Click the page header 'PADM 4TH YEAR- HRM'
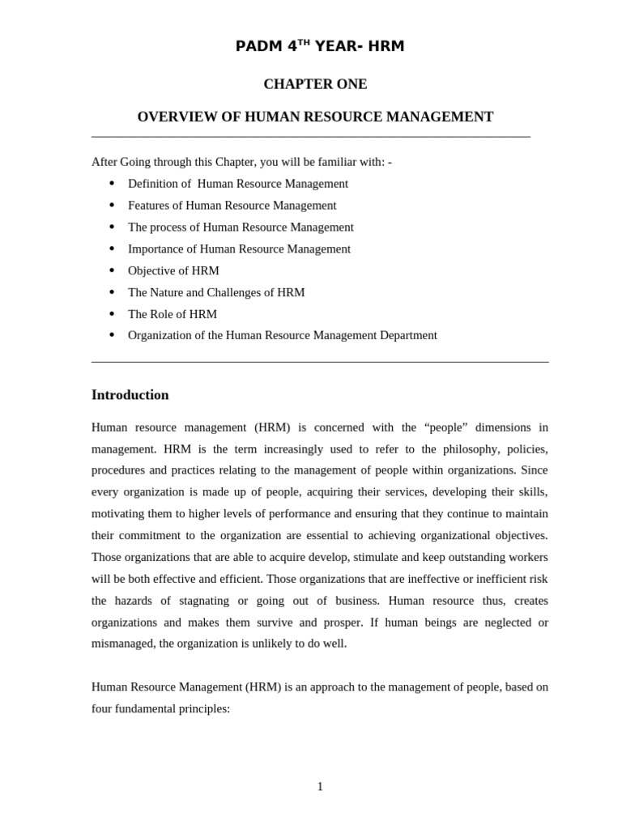(319, 46)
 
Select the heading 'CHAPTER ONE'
(315, 84)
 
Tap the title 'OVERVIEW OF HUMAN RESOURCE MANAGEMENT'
(315, 117)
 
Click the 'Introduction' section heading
(130, 395)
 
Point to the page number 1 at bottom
(320, 786)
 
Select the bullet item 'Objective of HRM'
(173, 270)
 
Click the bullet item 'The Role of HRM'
(173, 314)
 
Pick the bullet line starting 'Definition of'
(238, 184)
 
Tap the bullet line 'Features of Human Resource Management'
(232, 206)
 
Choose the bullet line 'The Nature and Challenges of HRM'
(216, 292)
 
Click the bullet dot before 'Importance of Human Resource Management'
(112, 249)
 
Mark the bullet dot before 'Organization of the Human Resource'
(112, 335)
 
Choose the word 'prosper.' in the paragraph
(342, 623)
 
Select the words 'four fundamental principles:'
(161, 708)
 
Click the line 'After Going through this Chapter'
(241, 162)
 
